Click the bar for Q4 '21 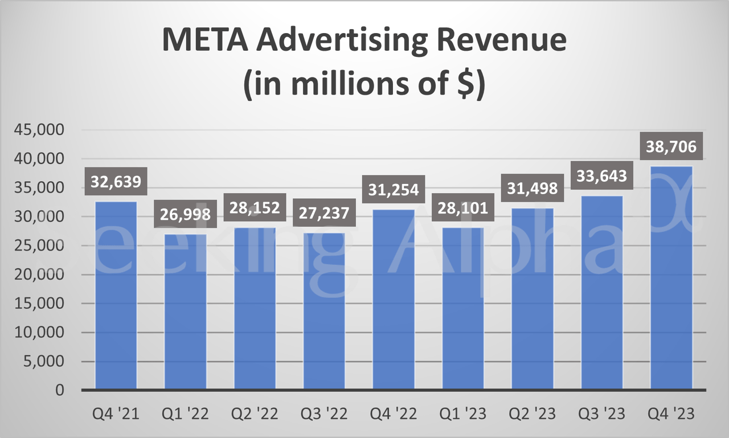click(116, 296)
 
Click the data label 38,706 click(671, 147)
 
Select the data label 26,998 click(186, 215)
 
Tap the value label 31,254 click(394, 190)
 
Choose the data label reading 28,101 click(463, 208)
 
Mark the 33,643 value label click(602, 176)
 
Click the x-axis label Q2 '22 click(255, 414)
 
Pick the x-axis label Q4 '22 click(394, 414)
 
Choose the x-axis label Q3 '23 click(602, 414)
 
